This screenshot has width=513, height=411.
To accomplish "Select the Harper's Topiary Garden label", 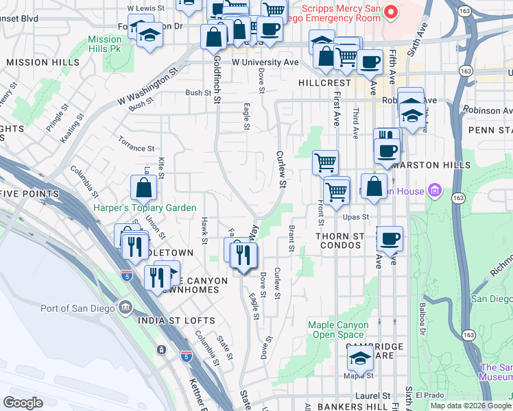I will (x=145, y=208).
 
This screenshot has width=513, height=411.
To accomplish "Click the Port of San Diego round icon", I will (x=124, y=308).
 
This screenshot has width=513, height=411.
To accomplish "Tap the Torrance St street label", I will (x=136, y=148).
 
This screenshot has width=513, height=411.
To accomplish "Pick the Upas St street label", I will (x=356, y=217).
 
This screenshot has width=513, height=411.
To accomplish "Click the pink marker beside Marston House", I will (x=433, y=190).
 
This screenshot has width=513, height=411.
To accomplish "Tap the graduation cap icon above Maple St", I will (x=360, y=357).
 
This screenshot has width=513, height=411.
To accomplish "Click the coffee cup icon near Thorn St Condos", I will (x=390, y=239).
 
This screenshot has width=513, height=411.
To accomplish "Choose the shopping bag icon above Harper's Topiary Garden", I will (x=143, y=188).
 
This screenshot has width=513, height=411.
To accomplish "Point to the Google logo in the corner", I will (x=23, y=402).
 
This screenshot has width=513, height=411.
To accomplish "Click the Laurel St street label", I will (x=373, y=396).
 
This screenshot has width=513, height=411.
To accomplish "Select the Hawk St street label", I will (x=204, y=230).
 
